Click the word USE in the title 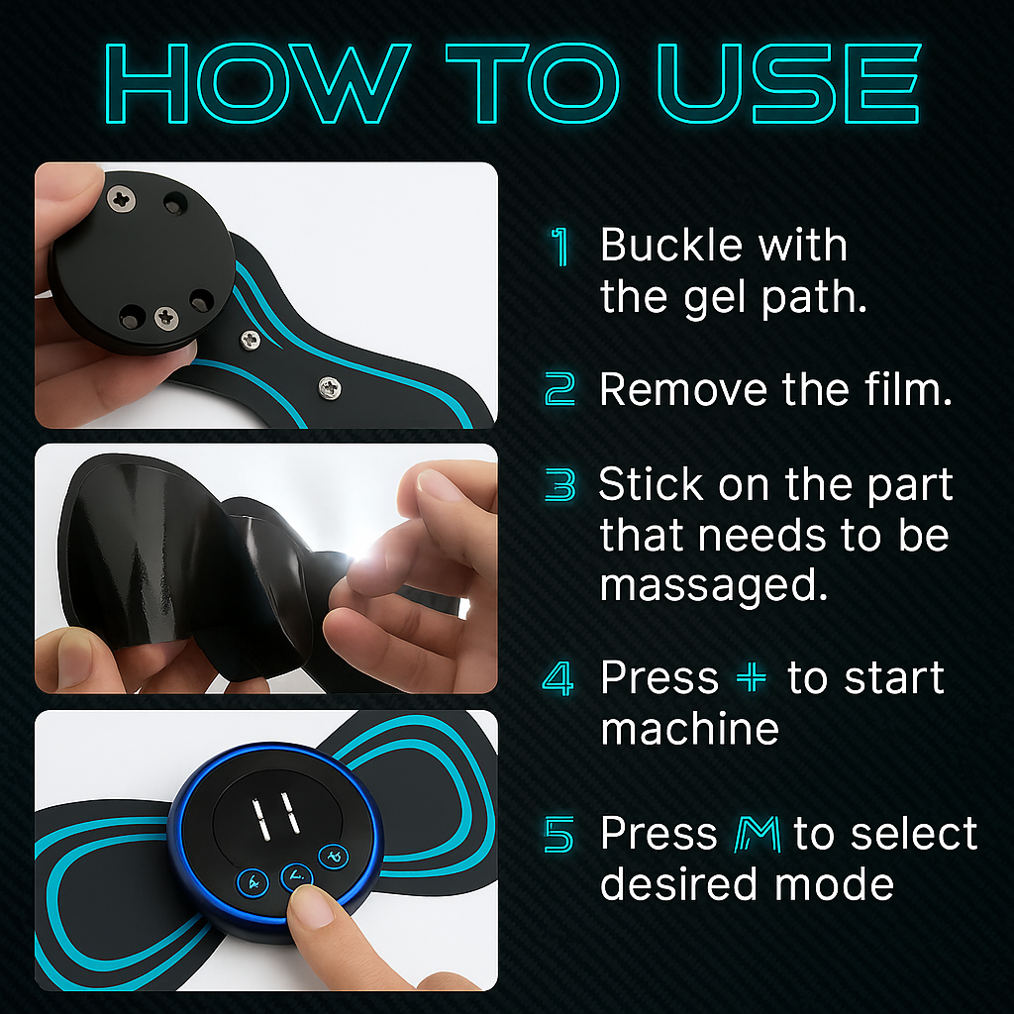788,84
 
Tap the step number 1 560,247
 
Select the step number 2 560,390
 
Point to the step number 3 560,486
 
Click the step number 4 558,679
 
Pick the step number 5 559,835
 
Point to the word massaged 713,585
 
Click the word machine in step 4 689,730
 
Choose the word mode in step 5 838,883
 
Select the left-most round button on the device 253,881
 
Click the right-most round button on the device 333,855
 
